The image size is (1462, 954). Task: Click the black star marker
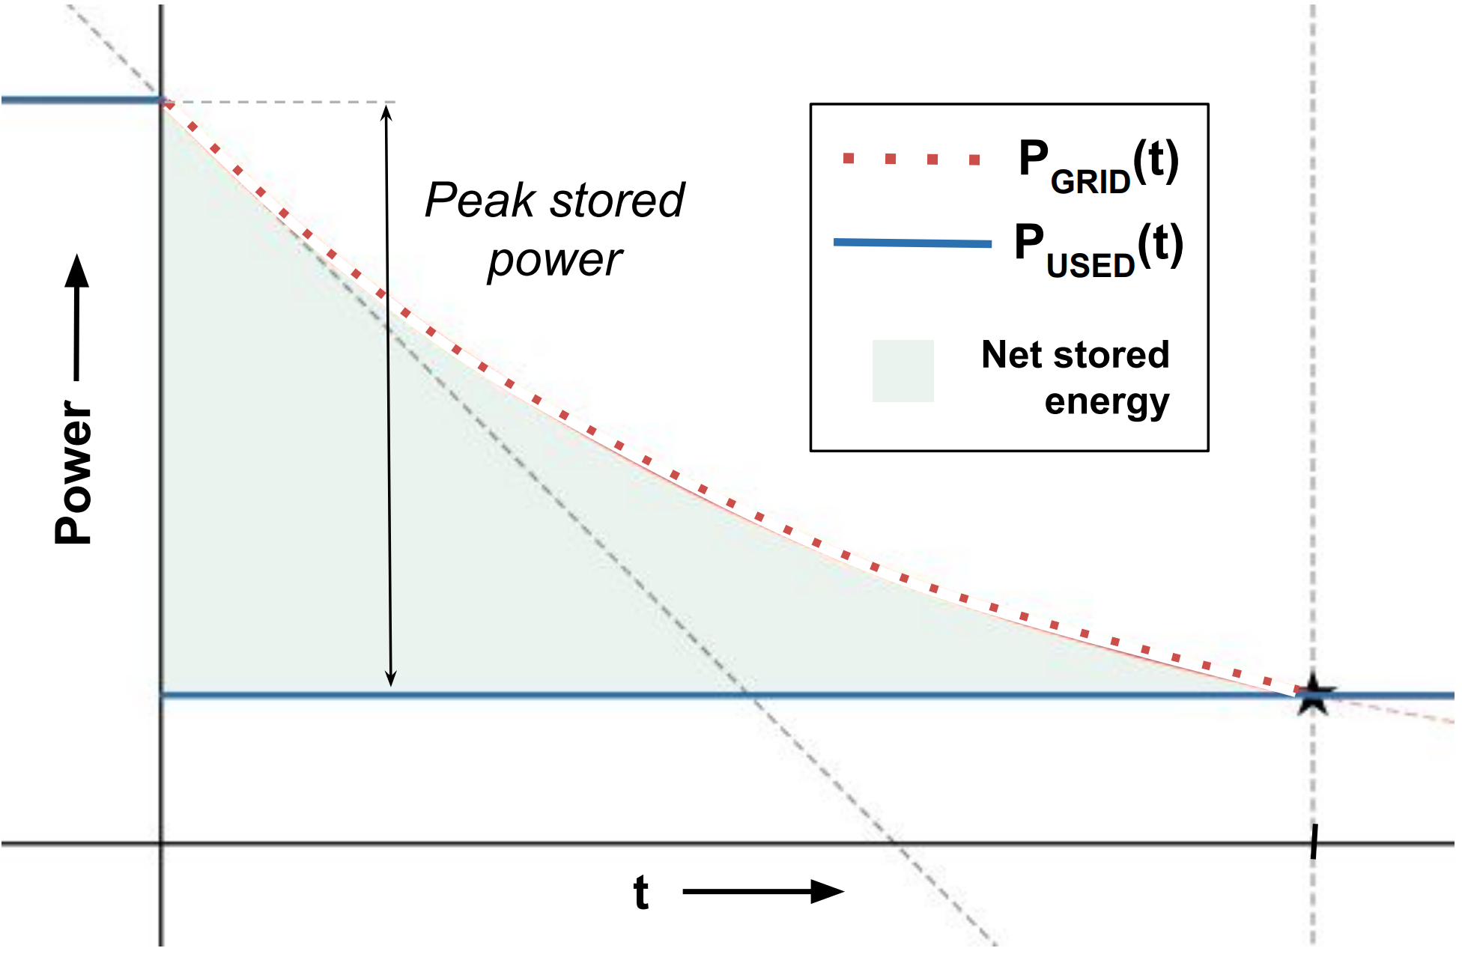point(1313,694)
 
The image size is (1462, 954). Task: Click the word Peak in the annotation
point(480,201)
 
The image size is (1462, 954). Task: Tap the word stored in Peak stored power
point(617,201)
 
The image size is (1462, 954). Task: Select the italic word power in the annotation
point(554,261)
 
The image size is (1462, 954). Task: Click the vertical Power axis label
point(73,472)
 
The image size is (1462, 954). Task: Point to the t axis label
point(640,893)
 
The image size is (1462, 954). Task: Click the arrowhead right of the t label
point(827,891)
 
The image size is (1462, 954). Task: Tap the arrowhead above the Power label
point(76,271)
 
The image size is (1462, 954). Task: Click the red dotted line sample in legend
point(911,159)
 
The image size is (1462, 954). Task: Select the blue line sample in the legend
point(912,243)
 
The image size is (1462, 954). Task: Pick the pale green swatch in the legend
point(903,371)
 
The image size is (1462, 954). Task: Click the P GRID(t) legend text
point(1098,165)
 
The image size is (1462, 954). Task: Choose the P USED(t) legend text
point(1098,249)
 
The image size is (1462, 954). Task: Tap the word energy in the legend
point(1106,403)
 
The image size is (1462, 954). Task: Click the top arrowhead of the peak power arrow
point(386,112)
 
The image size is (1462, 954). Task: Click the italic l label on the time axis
point(1313,842)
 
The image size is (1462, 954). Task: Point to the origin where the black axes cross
point(161,844)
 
